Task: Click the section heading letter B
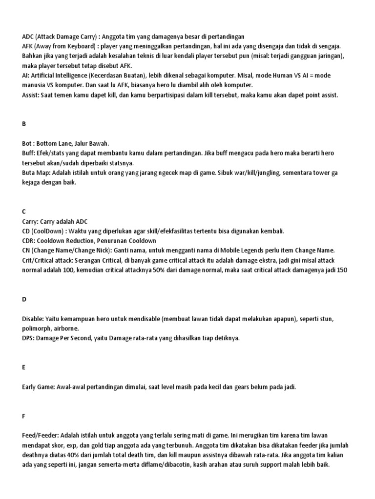coord(24,124)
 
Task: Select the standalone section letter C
coord(24,211)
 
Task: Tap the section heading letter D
coord(24,299)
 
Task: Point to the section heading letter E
coord(24,367)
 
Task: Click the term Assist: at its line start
coord(31,96)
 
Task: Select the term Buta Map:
coord(37,173)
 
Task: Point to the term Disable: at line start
coord(34,318)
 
